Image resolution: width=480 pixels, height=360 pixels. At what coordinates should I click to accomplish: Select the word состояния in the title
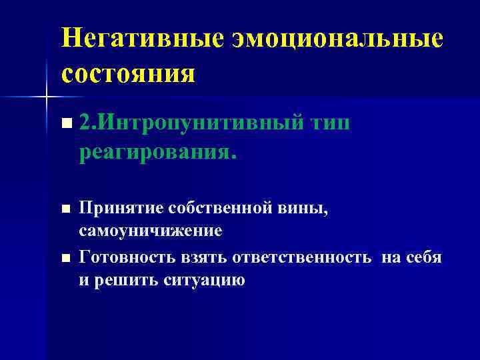[129, 72]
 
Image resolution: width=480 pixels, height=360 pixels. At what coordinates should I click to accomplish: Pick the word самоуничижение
[150, 231]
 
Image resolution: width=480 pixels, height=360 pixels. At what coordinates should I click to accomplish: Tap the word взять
[194, 257]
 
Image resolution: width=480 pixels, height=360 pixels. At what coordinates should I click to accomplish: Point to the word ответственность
[297, 257]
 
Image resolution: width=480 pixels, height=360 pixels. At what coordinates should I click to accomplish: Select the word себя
[424, 257]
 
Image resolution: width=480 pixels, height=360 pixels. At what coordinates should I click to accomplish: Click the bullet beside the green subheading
[64, 123]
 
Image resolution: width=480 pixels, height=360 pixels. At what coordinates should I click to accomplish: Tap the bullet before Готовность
[64, 257]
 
